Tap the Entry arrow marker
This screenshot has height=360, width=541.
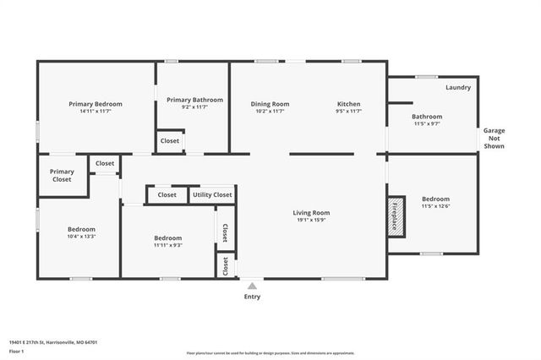click(x=252, y=286)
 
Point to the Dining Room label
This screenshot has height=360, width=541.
click(x=270, y=104)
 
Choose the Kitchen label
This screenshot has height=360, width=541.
click(x=349, y=104)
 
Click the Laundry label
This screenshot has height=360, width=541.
click(x=458, y=87)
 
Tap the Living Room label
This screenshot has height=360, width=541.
click(x=311, y=213)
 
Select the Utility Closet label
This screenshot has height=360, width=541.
click(x=212, y=194)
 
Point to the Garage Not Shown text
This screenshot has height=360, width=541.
click(x=494, y=139)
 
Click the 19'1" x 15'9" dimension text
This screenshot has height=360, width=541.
click(x=311, y=221)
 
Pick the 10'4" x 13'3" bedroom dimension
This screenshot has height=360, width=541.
click(x=82, y=237)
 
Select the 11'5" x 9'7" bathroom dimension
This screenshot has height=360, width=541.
click(x=427, y=123)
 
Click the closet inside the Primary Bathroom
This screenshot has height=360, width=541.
click(x=169, y=141)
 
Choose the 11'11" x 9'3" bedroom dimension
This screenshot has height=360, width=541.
click(x=167, y=245)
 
